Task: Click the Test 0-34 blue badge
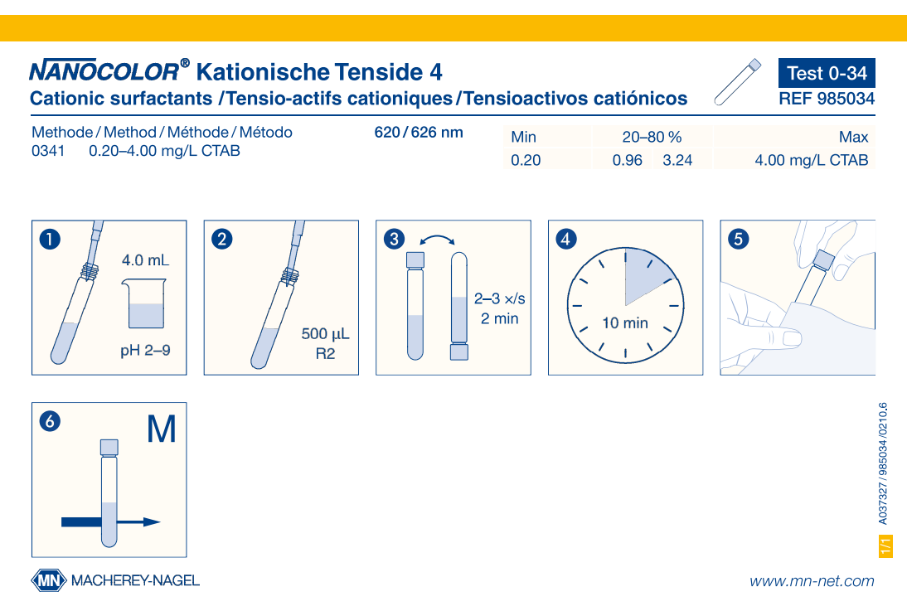pos(827,73)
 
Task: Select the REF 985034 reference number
pos(827,99)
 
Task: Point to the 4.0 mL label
pos(145,260)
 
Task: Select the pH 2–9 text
pos(145,351)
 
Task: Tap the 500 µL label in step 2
pos(325,335)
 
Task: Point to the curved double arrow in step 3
pos(437,239)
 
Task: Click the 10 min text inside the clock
pos(625,323)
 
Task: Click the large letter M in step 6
pos(161,429)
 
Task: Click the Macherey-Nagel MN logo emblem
pos(49,580)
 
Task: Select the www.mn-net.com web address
pos(812,581)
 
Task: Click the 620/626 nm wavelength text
pos(419,133)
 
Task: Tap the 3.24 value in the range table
pos(677,161)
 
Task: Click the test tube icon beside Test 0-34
pos(737,83)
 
